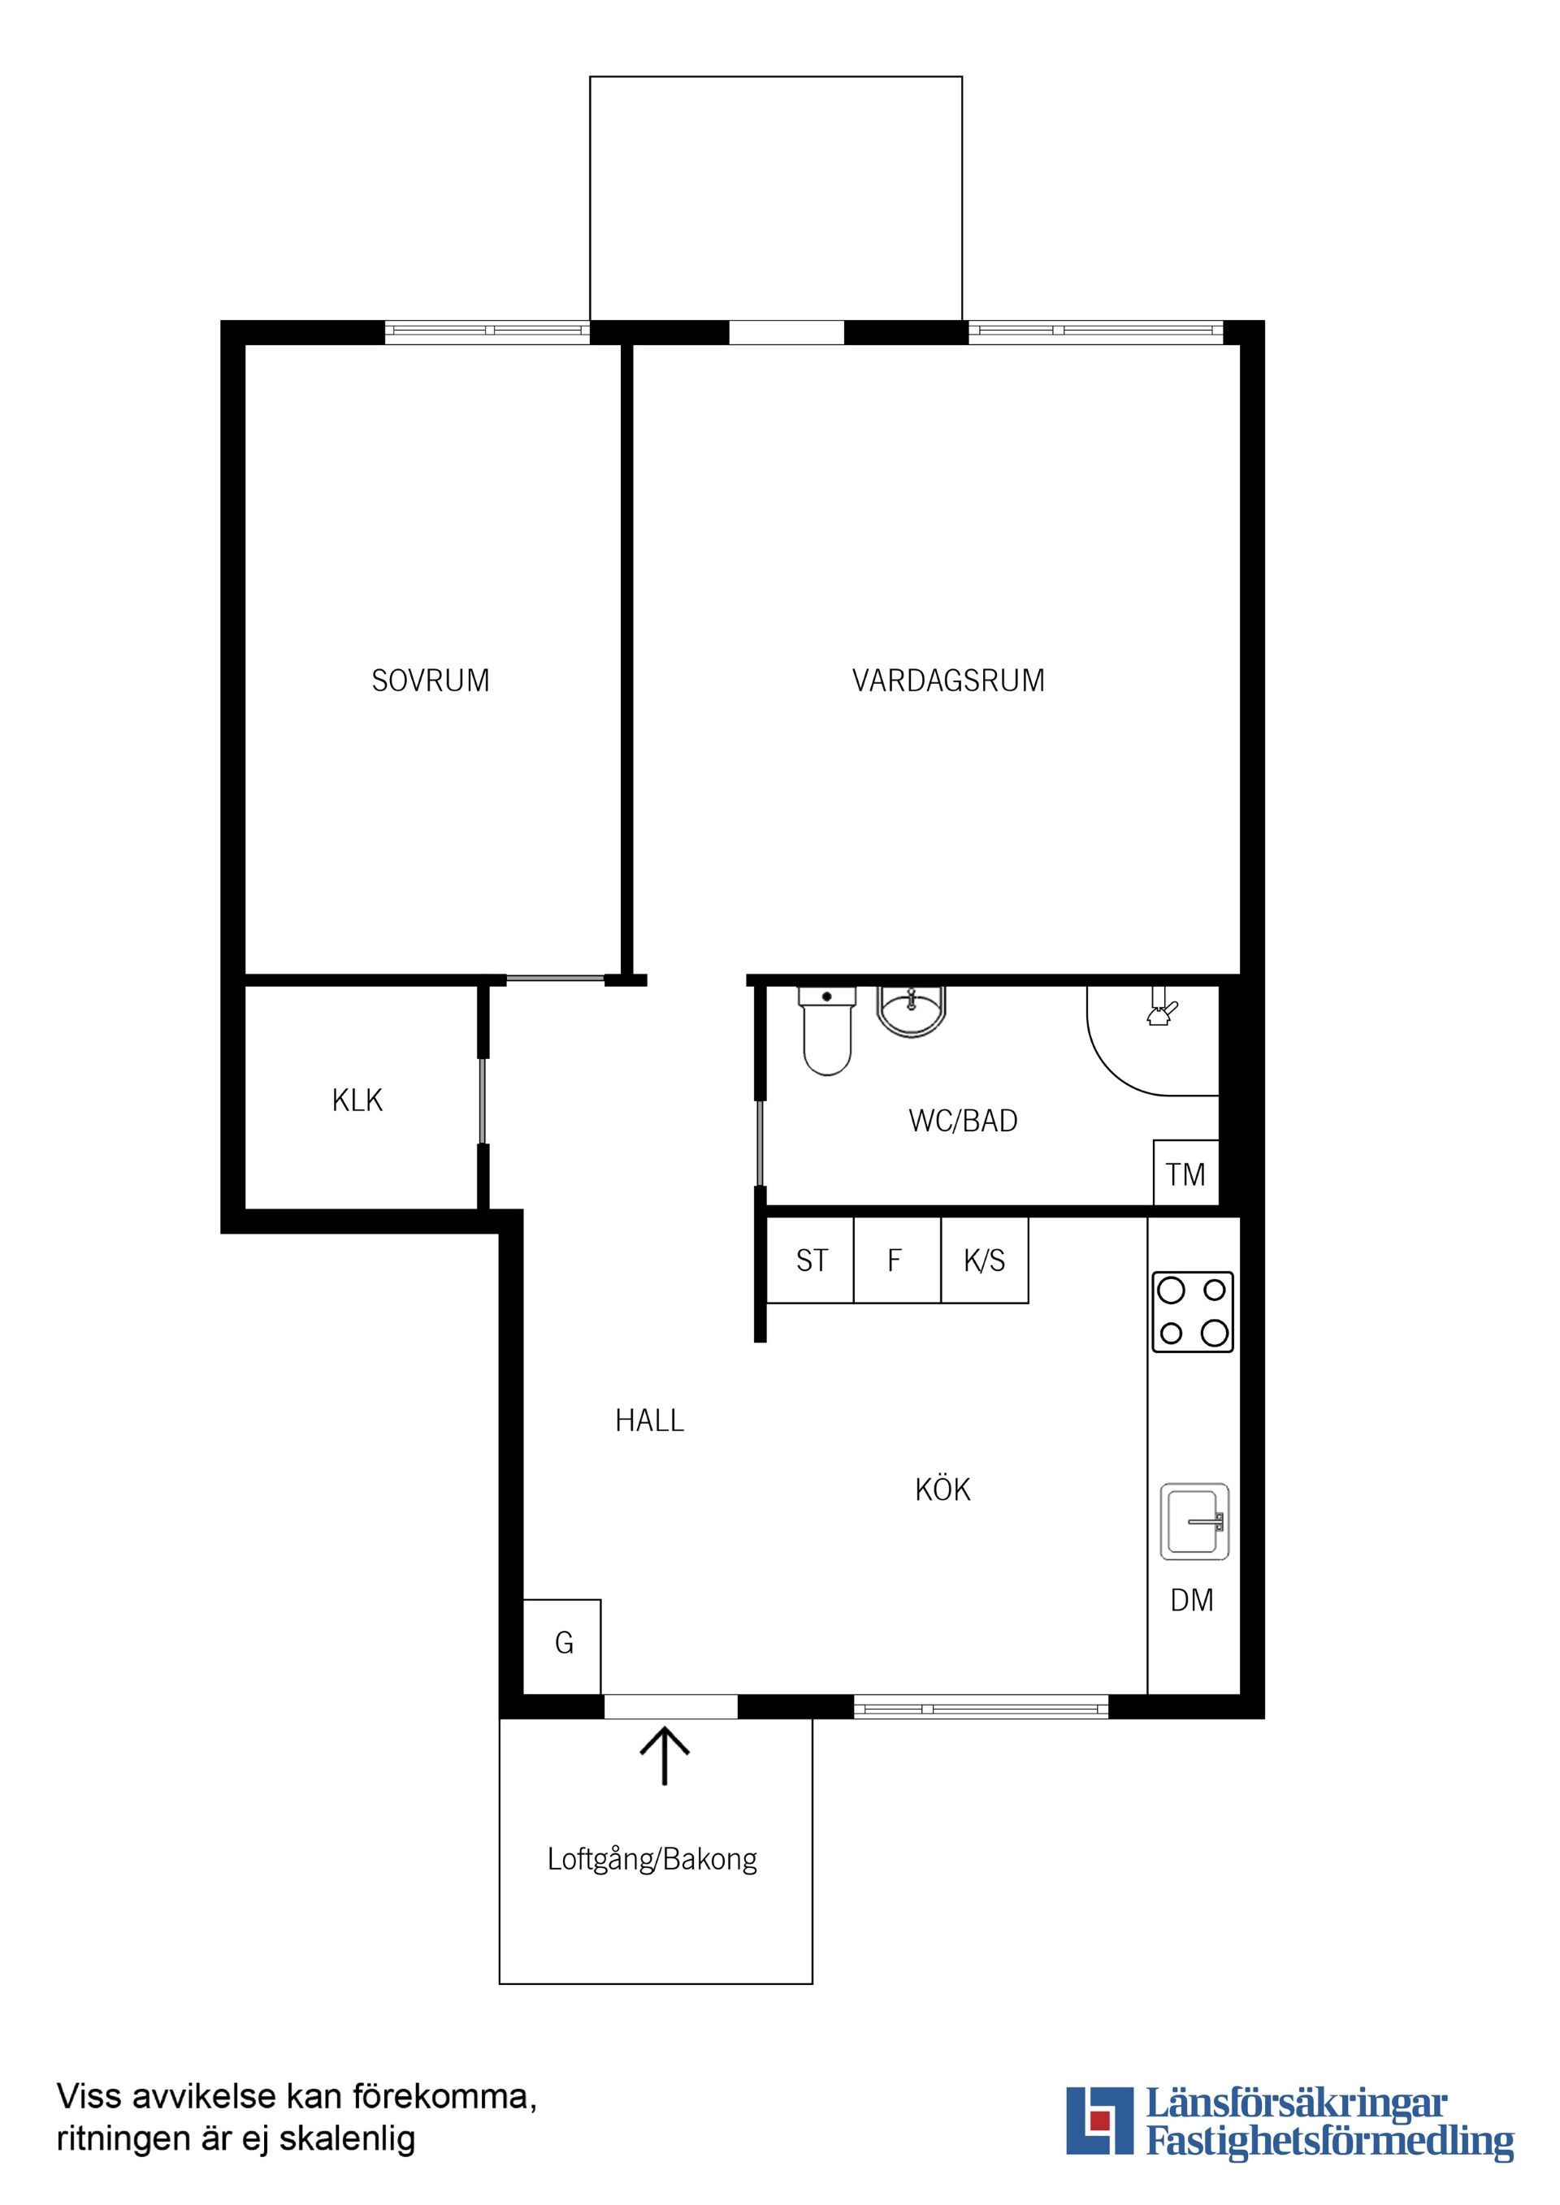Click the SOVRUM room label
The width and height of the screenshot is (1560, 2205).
tap(431, 681)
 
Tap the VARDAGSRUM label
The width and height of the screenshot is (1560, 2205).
tap(948, 681)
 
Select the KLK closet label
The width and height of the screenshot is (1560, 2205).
tap(357, 1100)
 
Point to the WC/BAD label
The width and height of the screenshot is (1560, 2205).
tap(963, 1121)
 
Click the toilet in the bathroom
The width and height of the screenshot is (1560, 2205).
tap(826, 1031)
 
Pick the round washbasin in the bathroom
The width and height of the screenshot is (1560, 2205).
tap(912, 1011)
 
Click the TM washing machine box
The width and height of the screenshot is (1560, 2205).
tap(1186, 1173)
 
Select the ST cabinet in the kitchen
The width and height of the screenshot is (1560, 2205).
tap(811, 1260)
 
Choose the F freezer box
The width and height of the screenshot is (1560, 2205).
tap(897, 1260)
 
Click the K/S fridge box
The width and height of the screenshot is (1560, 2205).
tap(985, 1260)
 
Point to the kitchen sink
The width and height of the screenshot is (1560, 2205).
tap(1194, 1521)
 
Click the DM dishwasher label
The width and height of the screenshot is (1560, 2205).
tap(1192, 1601)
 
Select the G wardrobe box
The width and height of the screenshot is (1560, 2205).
tap(562, 1647)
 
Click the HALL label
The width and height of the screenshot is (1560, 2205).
tap(649, 1421)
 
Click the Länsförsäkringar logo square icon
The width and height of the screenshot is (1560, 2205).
tap(1100, 2119)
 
